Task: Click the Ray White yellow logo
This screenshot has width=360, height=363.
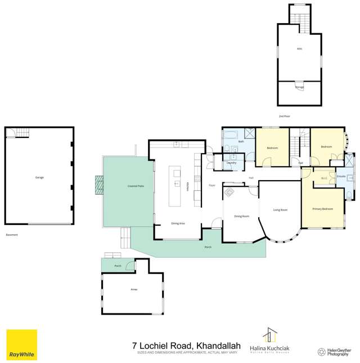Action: coord(21,344)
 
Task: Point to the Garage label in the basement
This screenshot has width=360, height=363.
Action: coord(39,177)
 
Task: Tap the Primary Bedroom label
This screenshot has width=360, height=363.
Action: coord(322,209)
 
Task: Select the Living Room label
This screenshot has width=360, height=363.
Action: coord(280,210)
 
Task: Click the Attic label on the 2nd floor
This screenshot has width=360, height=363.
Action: coord(299,48)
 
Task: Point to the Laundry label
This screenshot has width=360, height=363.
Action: coord(231,163)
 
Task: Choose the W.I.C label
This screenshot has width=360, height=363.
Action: coord(324,178)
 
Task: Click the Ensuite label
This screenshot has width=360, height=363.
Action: coord(341,176)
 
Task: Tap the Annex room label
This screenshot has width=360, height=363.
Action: coord(134,289)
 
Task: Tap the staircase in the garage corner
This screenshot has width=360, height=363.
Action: coord(21,133)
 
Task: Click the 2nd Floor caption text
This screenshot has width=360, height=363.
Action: coord(284,116)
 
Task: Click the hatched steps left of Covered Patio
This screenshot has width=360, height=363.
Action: coord(99,185)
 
